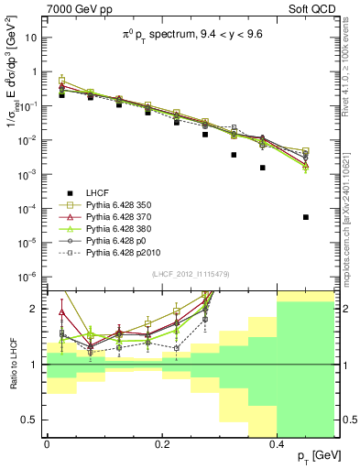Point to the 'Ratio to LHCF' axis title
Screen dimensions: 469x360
[x=12, y=365]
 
